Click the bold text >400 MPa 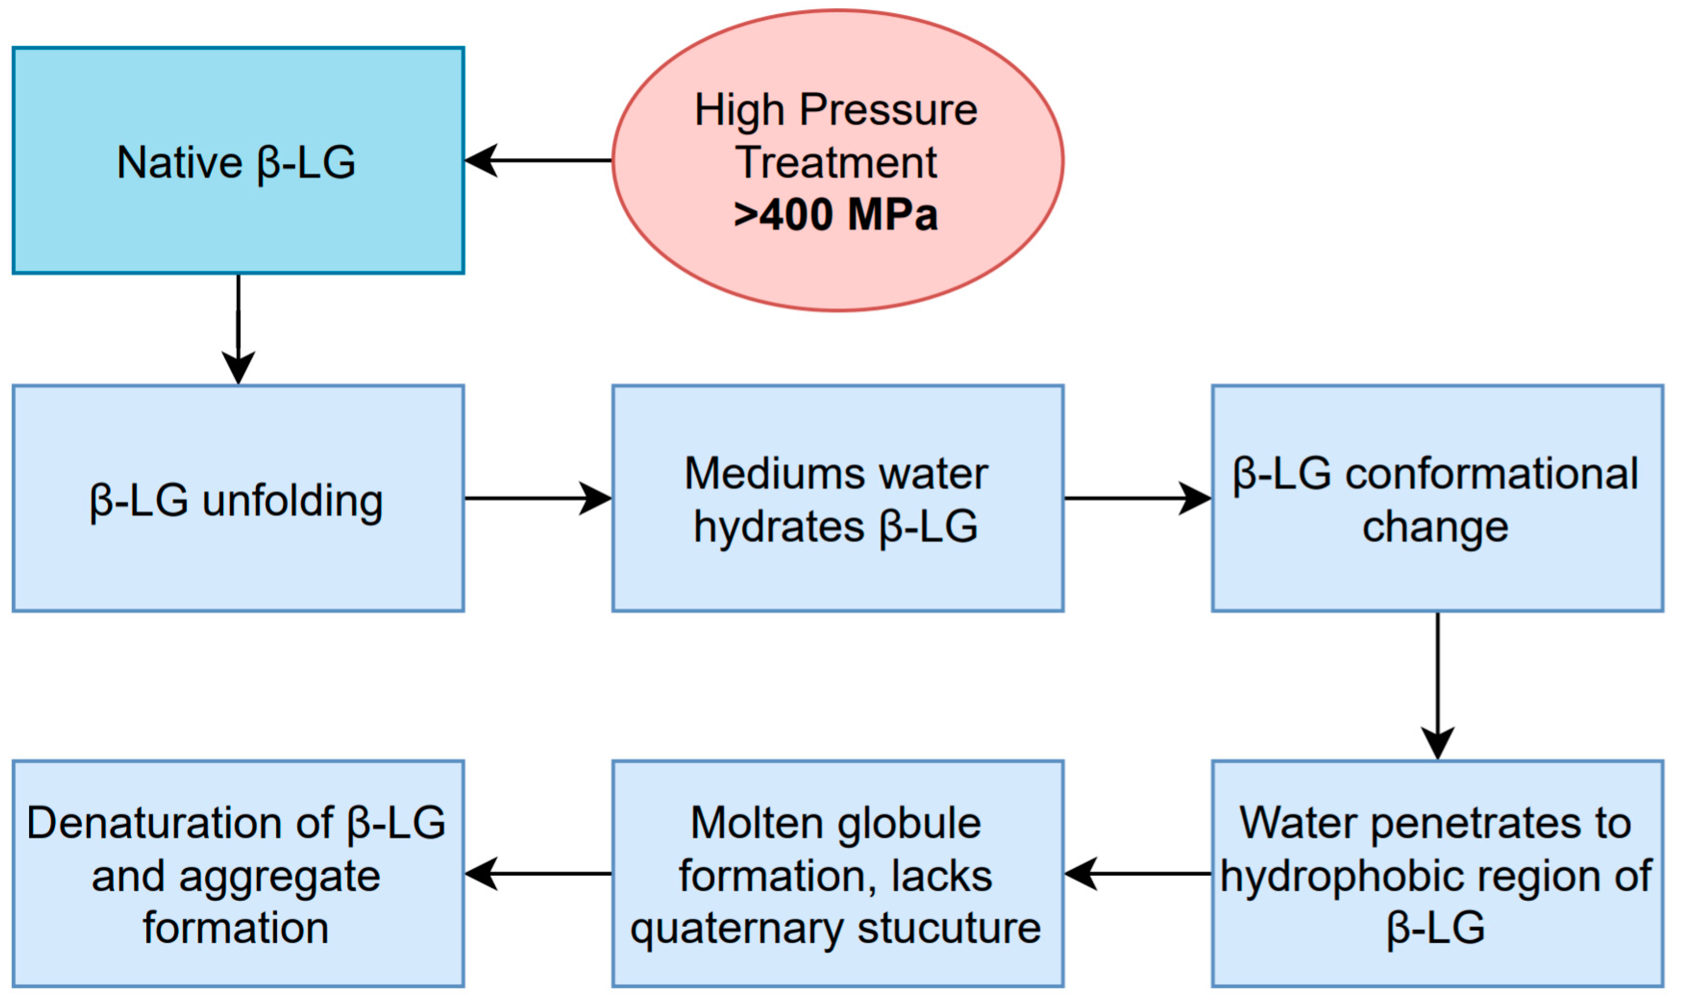pos(836,215)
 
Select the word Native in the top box pos(180,163)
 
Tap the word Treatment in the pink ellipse pos(836,163)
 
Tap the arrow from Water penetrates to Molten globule pos(1138,874)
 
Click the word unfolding pos(293,501)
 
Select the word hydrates pos(779,527)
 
